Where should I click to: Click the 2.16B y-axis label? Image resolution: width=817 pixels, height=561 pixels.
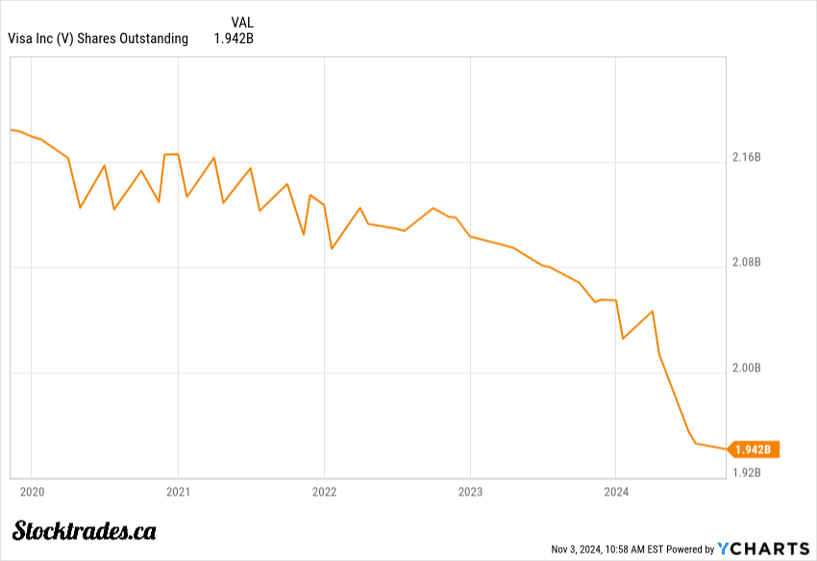coord(747,157)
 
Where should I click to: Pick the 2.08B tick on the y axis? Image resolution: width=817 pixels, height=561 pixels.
coord(747,262)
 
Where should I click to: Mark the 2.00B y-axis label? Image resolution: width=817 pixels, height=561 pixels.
coord(747,368)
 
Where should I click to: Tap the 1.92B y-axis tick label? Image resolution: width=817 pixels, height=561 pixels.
coord(747,472)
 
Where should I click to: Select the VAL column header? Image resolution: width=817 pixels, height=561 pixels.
coord(243,22)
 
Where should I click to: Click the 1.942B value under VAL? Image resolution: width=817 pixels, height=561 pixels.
coord(234,38)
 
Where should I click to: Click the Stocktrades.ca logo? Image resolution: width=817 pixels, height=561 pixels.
coord(85,530)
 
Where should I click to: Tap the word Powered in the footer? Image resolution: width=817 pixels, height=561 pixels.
coord(685,549)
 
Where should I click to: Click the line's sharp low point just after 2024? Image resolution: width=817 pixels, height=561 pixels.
coord(623,339)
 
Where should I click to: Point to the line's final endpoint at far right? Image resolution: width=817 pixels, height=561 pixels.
coord(726,449)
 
